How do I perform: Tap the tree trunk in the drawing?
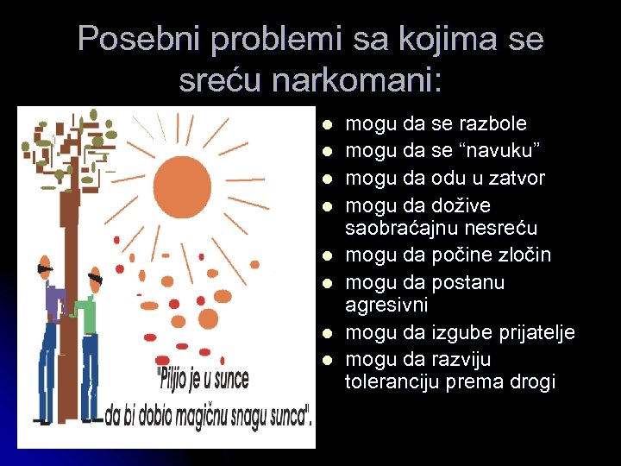click(68, 259)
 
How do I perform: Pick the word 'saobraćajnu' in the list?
click(398, 228)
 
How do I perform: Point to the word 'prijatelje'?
click(535, 333)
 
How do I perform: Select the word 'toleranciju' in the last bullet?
click(392, 382)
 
